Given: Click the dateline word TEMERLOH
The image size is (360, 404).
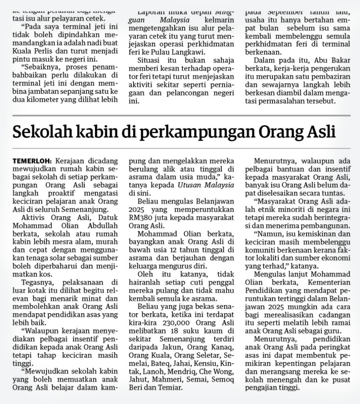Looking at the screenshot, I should pyautogui.click(x=32, y=161).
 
